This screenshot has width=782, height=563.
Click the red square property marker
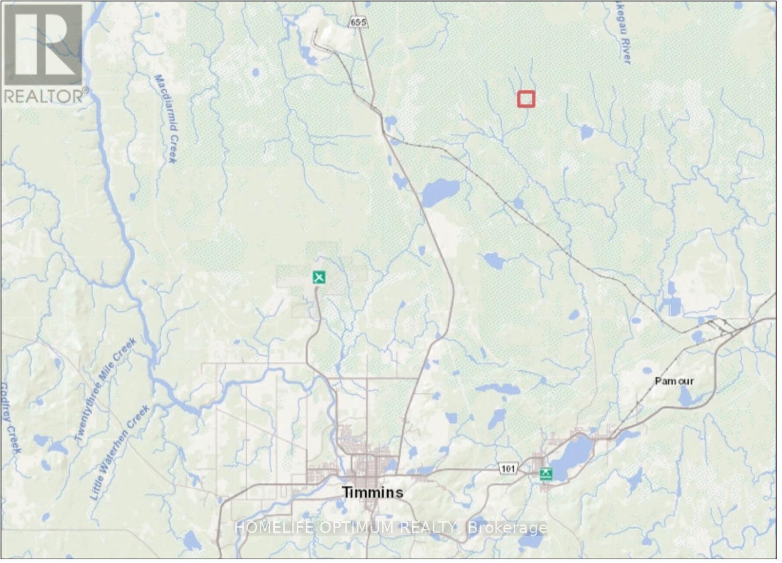point(526,99)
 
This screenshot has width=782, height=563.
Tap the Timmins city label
point(373,492)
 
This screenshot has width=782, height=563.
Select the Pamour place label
point(674,381)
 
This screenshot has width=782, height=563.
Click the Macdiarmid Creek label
point(166,118)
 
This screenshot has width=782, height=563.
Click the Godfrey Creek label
point(10,417)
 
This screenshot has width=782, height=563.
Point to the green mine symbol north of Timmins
point(319,277)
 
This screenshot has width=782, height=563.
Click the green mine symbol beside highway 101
point(546,473)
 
